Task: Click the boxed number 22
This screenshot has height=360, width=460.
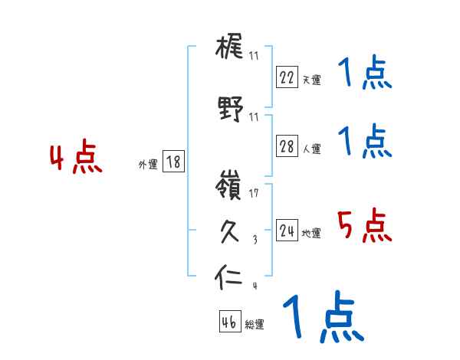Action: pos(287,77)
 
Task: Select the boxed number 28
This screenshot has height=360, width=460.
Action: pos(287,147)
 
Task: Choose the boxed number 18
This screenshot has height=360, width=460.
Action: pos(173,162)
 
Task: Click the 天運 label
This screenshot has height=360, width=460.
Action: pos(311,80)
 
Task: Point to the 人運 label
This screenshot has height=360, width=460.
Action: pos(311,149)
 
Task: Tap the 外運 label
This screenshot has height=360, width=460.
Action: pos(148,164)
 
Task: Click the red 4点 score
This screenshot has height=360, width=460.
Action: pos(75,159)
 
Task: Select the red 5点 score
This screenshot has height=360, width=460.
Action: pos(363,226)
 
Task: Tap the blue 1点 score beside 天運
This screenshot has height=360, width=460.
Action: pos(363,74)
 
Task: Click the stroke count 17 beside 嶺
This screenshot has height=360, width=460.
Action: pos(255,193)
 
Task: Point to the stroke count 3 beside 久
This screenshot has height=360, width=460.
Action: pos(254,240)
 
